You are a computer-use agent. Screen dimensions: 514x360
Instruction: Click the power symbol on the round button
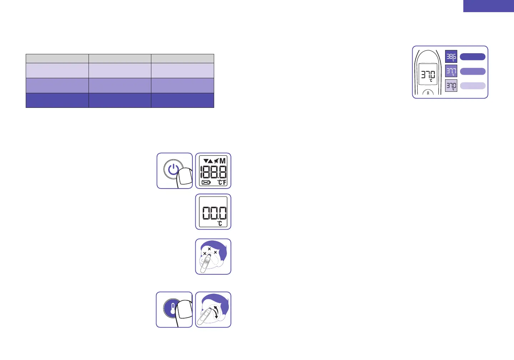pyautogui.click(x=173, y=170)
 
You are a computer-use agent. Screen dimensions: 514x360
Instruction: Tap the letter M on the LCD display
pyautogui.click(x=222, y=161)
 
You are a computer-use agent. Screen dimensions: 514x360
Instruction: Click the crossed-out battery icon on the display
pyautogui.click(x=206, y=182)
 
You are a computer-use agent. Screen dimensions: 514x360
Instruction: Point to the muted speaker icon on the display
pyautogui.click(x=216, y=161)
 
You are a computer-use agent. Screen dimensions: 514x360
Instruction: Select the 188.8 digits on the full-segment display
pyautogui.click(x=213, y=172)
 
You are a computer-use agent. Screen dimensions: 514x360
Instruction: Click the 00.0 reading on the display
pyautogui.click(x=214, y=214)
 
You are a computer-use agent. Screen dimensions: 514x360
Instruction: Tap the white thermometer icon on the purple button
pyautogui.click(x=173, y=309)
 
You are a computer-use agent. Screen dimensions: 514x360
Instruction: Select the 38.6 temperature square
pyautogui.click(x=451, y=56)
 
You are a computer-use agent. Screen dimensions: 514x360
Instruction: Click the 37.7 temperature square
pyautogui.click(x=451, y=71)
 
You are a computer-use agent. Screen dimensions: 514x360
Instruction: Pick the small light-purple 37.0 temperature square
pyautogui.click(x=451, y=86)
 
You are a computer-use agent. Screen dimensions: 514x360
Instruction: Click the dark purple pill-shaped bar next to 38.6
pyautogui.click(x=473, y=57)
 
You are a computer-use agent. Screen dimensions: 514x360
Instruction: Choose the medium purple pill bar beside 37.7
pyautogui.click(x=473, y=71)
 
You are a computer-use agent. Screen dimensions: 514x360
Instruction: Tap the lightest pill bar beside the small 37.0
pyautogui.click(x=473, y=86)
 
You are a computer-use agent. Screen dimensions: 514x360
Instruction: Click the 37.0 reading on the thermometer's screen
pyautogui.click(x=428, y=75)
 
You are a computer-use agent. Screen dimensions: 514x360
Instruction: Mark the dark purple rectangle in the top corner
pyautogui.click(x=488, y=6)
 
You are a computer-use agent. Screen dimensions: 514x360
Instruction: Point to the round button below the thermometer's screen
pyautogui.click(x=428, y=93)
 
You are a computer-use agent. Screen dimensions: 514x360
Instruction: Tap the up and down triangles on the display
pyautogui.click(x=208, y=161)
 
